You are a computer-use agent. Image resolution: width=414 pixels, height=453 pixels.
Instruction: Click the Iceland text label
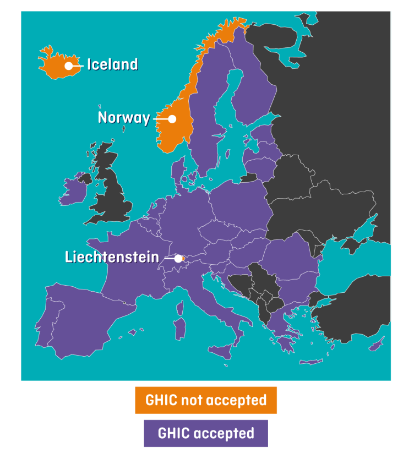click(112, 64)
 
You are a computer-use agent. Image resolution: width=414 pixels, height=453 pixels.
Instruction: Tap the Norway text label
click(123, 118)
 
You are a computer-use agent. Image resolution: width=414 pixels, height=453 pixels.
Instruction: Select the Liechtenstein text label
click(112, 257)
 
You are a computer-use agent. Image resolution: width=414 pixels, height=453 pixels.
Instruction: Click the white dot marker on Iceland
click(69, 66)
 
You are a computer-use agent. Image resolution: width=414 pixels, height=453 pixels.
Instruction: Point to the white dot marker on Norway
click(172, 118)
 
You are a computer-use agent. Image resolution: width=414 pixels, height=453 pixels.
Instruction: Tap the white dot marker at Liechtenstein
click(178, 258)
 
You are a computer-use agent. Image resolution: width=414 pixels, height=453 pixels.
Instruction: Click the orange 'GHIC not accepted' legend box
click(206, 400)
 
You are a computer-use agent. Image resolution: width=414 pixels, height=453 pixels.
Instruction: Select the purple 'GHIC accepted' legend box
click(206, 433)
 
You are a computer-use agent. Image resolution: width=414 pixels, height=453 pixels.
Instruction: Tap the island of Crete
click(312, 362)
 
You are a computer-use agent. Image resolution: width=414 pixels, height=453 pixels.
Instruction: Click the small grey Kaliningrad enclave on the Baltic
click(248, 177)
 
